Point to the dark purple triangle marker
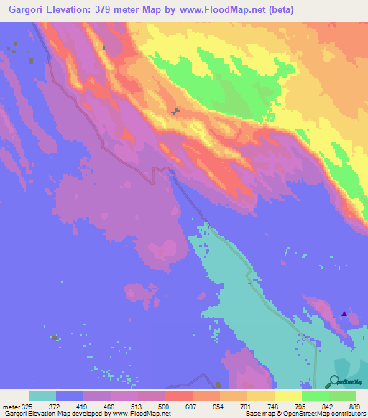click(344, 313)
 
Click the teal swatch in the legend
click(42, 396)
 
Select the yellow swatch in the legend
click(288, 396)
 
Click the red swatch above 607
click(179, 396)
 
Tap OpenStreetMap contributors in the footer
click(327, 414)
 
